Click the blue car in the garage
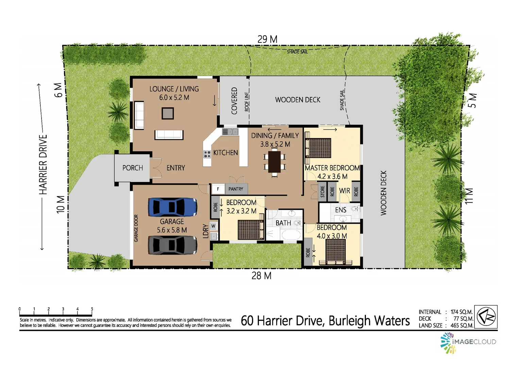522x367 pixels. pyautogui.click(x=172, y=207)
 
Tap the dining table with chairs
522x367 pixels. pyautogui.click(x=274, y=162)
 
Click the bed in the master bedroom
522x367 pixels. pyautogui.click(x=318, y=148)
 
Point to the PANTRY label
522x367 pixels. pyautogui.click(x=236, y=189)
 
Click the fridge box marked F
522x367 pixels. pyautogui.click(x=218, y=189)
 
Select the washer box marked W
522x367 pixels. pyautogui.click(x=213, y=226)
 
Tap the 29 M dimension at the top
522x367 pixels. pyautogui.click(x=267, y=39)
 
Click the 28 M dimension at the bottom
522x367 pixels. pyautogui.click(x=261, y=276)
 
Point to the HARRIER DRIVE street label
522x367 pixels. pyautogui.click(x=43, y=165)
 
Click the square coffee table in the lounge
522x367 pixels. pyautogui.click(x=168, y=113)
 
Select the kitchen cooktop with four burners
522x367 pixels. pyautogui.click(x=207, y=154)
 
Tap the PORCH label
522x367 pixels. pyautogui.click(x=133, y=168)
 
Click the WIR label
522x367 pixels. pyautogui.click(x=344, y=191)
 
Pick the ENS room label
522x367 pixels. pyautogui.click(x=340, y=210)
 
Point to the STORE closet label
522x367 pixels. pyautogui.click(x=322, y=192)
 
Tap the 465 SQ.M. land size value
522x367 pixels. pyautogui.click(x=461, y=326)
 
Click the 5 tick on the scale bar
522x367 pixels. pyautogui.click(x=92, y=309)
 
